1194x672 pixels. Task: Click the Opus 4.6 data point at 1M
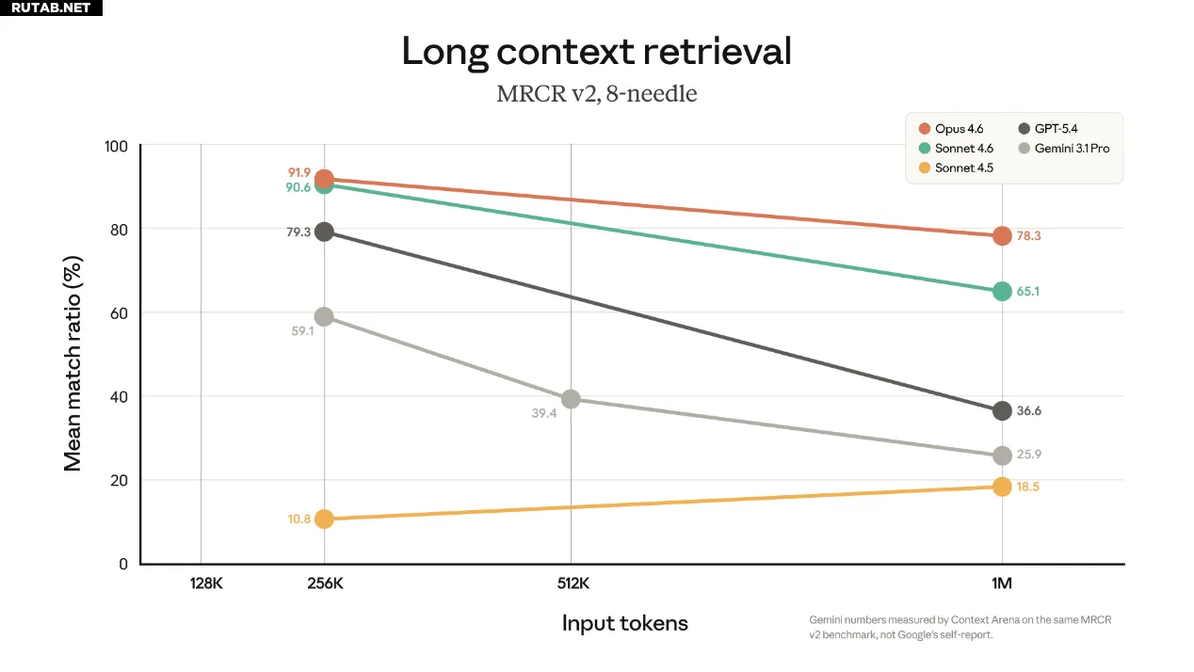1001,236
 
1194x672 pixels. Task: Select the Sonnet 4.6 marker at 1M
1001,292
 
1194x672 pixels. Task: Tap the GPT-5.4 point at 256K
324,232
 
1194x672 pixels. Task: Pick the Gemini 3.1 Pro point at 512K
571,399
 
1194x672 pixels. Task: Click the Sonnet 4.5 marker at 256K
324,519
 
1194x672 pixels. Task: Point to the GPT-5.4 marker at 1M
1001,410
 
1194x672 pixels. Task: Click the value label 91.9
299,173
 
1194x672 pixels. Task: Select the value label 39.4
544,413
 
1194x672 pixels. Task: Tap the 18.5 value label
1028,487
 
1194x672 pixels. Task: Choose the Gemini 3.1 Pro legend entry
1064,149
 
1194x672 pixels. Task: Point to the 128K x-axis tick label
205,584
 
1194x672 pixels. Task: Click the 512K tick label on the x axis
573,584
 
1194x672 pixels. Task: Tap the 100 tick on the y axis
115,147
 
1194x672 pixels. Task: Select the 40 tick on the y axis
119,397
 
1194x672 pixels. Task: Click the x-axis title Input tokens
624,623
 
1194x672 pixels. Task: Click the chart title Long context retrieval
596,52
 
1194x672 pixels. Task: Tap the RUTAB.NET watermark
51,8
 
